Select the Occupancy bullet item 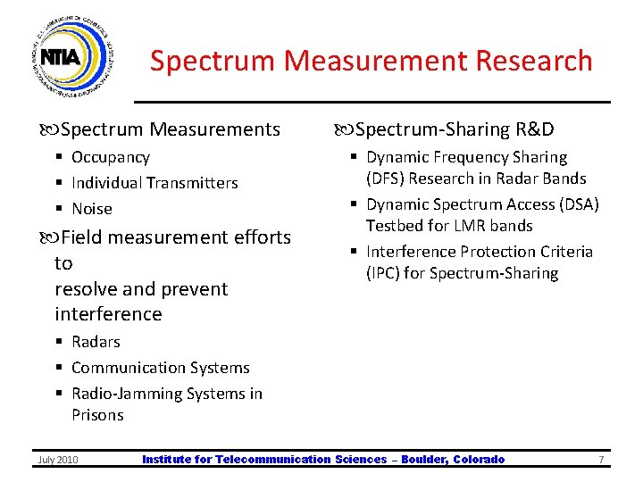point(110,157)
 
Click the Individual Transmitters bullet point(154,183)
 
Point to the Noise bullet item point(91,209)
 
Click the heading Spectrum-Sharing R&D point(455,129)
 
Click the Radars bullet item point(95,342)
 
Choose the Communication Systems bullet point(160,368)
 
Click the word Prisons point(97,415)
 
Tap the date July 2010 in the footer point(57,460)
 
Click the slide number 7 point(601,460)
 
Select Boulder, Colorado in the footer point(453,460)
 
